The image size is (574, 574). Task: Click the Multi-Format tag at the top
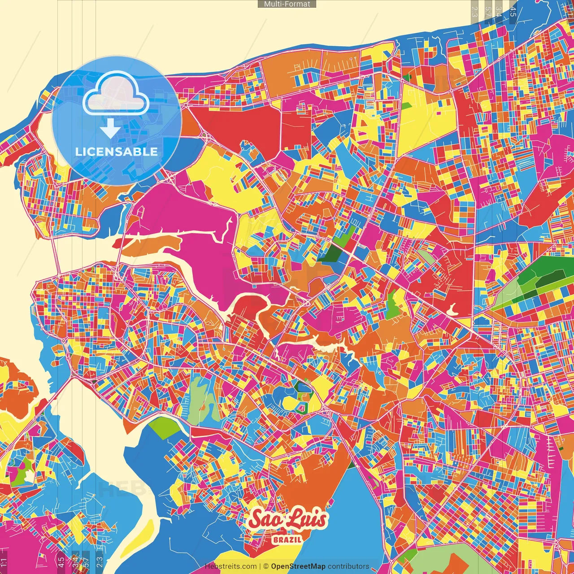(x=287, y=4)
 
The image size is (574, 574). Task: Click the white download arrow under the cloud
(x=110, y=128)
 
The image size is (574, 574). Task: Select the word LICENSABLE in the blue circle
(x=117, y=152)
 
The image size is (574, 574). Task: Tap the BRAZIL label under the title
(x=287, y=539)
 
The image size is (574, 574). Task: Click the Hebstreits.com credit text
(x=230, y=566)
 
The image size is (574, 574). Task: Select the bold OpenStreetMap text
(x=298, y=566)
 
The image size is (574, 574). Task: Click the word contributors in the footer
(x=348, y=566)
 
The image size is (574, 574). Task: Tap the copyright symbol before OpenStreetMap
(x=266, y=566)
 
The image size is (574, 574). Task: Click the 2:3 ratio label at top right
(x=475, y=11)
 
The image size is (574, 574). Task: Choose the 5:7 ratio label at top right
(x=488, y=11)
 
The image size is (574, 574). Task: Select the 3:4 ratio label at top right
(x=499, y=11)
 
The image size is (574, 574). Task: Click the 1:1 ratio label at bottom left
(x=4, y=562)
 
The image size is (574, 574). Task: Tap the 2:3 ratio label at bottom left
(x=99, y=562)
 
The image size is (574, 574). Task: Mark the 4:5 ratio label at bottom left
(x=61, y=562)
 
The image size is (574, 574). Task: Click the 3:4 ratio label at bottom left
(x=75, y=562)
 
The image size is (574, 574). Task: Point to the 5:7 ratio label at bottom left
(x=86, y=562)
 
